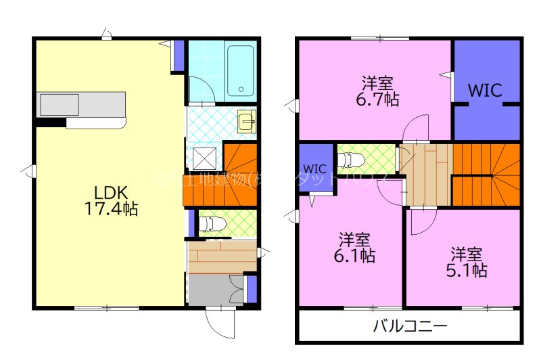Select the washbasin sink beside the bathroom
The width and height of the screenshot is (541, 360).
pos(246,122)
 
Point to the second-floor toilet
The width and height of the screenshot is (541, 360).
pos(352,160)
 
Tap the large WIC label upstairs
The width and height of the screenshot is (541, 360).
pos(486,91)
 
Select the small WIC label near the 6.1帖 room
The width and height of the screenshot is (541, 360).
pos(315,168)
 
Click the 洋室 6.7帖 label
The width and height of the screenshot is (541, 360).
pos(377,91)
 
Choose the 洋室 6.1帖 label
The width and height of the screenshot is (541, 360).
pos(355,248)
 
